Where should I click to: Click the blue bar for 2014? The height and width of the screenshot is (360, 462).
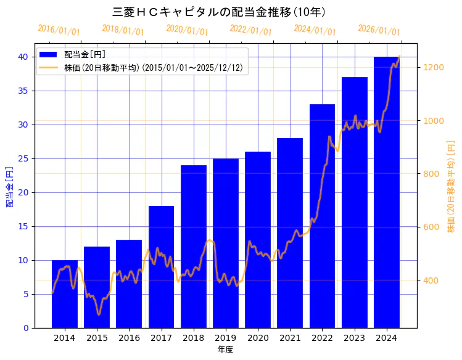click(x=65, y=294)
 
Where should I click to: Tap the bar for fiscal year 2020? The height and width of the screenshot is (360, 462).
click(x=258, y=240)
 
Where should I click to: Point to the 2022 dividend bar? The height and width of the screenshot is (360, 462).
click(x=322, y=216)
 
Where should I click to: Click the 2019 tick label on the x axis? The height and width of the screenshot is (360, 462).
click(x=225, y=338)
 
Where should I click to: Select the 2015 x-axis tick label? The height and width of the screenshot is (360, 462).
click(x=97, y=338)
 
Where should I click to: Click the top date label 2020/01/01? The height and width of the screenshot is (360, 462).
click(x=187, y=30)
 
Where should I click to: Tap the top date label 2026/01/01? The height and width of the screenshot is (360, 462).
click(x=379, y=30)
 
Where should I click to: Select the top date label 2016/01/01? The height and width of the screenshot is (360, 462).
click(x=59, y=30)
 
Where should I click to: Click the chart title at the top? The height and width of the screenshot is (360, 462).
click(x=220, y=12)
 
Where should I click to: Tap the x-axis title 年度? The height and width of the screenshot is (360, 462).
click(x=225, y=350)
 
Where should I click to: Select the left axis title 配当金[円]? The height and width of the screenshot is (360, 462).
click(x=9, y=186)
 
